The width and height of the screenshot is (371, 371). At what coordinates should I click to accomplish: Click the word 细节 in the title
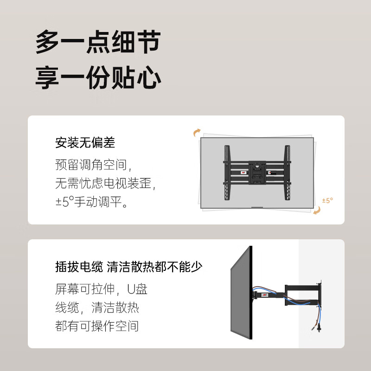[137, 43]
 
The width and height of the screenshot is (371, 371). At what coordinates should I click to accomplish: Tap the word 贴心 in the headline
[137, 77]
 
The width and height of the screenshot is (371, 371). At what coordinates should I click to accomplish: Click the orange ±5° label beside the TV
[327, 201]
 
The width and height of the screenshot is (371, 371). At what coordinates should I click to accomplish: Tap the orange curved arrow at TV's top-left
[197, 133]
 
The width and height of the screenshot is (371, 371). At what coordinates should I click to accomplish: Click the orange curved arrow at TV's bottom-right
[317, 211]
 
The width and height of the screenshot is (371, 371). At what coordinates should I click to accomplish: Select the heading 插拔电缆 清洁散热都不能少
[128, 267]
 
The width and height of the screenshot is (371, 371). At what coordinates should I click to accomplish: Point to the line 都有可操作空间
[96, 326]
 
